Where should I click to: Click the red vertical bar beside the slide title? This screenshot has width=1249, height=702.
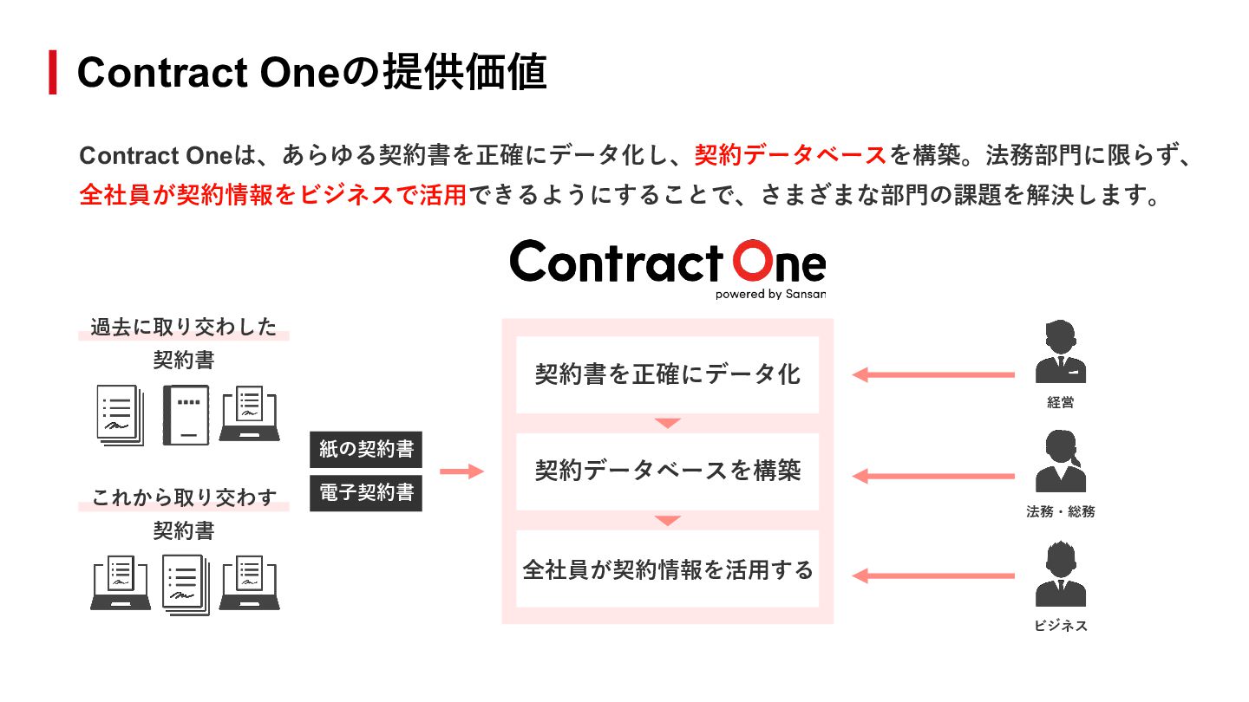point(53,73)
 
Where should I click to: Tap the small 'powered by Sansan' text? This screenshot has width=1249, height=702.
point(770,294)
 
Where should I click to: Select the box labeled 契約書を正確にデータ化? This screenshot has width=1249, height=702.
point(667,374)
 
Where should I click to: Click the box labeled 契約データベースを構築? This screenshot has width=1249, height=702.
point(667,471)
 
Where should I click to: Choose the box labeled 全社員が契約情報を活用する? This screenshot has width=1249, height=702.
point(667,569)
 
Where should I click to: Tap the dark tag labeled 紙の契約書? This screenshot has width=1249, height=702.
point(366,450)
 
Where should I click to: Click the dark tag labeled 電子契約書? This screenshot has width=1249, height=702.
point(366,493)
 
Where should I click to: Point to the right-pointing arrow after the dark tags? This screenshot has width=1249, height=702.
point(461,471)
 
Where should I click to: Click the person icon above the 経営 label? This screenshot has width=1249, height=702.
point(1060,353)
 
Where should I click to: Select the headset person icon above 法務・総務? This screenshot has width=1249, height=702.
point(1060,461)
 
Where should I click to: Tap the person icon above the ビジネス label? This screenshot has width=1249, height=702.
point(1060,574)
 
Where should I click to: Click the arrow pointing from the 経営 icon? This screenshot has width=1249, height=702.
point(933,375)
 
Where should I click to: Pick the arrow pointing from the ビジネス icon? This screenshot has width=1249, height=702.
point(933,575)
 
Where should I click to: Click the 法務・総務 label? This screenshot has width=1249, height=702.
point(1060,511)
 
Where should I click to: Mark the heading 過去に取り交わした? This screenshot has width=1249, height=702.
point(184,328)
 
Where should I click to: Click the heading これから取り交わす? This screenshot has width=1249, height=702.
point(184,497)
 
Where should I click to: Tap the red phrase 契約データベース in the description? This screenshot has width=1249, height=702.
point(790,156)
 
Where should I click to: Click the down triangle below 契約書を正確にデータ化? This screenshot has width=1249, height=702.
point(667,423)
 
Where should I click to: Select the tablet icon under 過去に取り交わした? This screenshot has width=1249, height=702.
point(186,415)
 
